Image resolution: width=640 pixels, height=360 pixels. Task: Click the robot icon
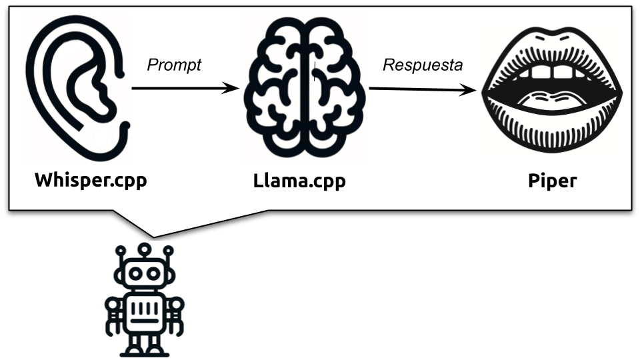[x=145, y=300]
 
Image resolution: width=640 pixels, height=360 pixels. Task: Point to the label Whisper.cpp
[x=91, y=181]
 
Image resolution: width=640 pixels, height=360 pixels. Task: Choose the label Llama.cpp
[x=300, y=181]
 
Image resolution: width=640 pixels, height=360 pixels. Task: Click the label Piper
[x=552, y=181]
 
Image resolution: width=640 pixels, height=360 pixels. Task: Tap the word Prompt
[x=173, y=65]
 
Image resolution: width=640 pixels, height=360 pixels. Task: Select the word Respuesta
[x=423, y=65]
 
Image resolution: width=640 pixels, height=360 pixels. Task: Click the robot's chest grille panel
[x=145, y=311]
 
